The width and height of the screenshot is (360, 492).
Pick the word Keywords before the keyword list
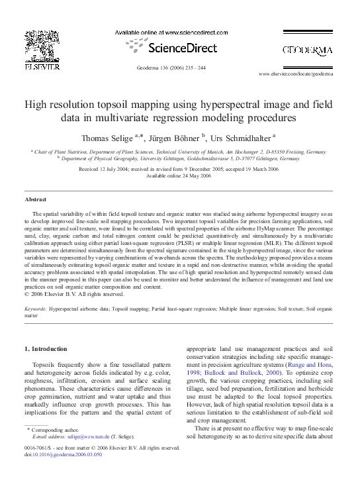(x=35, y=309)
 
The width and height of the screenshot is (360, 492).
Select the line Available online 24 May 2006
(x=179, y=175)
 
